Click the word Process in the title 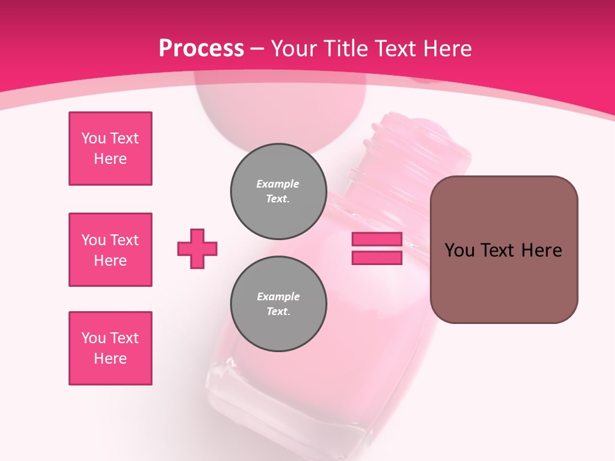[x=201, y=49]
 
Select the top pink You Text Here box [x=110, y=149]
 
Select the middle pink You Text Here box [x=110, y=250]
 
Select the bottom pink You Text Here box [x=110, y=348]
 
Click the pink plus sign [x=197, y=248]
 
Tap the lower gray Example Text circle [x=278, y=303]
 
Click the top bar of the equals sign [x=377, y=239]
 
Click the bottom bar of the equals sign [x=377, y=257]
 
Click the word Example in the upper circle [x=278, y=184]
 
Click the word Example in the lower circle [x=278, y=296]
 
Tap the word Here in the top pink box [x=110, y=159]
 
